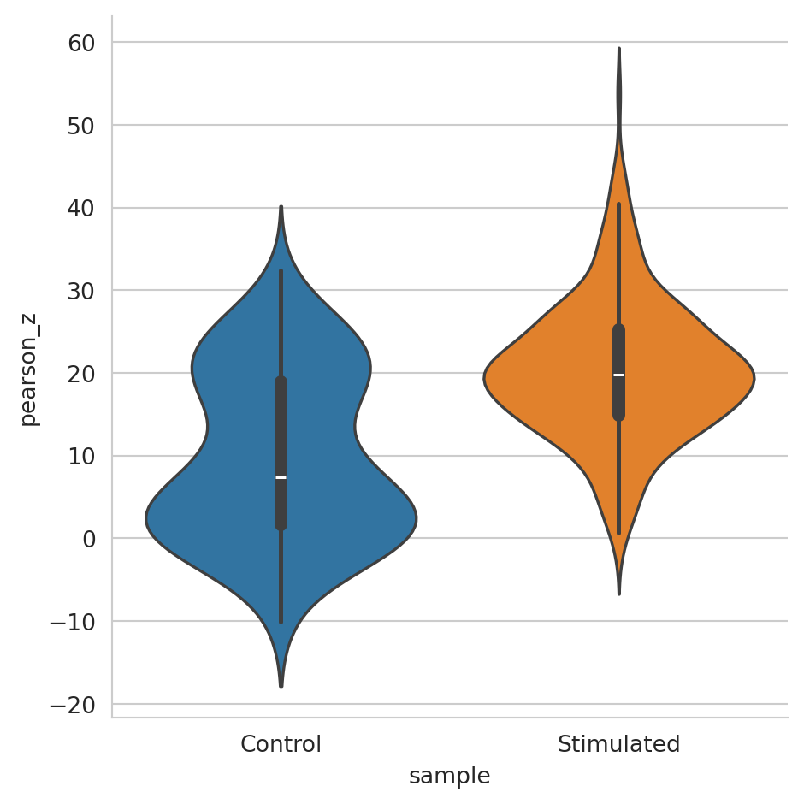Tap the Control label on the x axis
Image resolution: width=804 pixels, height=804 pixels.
tap(281, 744)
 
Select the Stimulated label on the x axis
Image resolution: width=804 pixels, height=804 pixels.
tap(618, 744)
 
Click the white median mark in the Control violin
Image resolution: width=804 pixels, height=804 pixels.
tap(281, 477)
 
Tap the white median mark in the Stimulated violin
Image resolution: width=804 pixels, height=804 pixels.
tap(618, 375)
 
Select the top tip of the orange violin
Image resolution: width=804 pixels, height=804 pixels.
tap(618, 49)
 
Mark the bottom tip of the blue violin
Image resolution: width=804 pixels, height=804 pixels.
tap(281, 686)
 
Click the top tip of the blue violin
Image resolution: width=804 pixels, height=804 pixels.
tap(281, 207)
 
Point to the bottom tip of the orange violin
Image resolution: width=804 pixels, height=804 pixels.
tap(618, 594)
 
